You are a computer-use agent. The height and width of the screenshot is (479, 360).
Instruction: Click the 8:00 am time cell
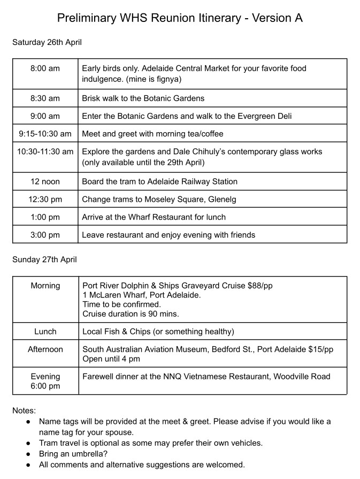45,69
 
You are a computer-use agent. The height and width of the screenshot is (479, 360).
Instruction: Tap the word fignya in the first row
167,79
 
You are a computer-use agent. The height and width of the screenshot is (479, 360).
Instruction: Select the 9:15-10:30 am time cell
45,134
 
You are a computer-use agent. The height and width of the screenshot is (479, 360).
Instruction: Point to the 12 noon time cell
45,181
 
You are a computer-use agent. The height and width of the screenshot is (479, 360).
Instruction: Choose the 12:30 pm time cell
45,199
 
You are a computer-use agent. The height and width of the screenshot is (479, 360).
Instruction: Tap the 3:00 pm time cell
45,234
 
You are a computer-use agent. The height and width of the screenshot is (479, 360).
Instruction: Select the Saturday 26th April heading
47,42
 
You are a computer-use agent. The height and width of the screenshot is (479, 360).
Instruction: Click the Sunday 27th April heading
44,260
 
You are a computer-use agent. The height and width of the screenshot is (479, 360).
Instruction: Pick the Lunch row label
45,331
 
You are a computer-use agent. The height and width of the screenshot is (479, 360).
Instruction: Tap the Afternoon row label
45,349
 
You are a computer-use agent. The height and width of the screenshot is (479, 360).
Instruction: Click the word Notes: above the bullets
24,411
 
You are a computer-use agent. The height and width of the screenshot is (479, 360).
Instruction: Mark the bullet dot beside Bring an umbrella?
28,454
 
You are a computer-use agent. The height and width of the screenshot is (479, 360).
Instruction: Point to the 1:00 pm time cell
45,217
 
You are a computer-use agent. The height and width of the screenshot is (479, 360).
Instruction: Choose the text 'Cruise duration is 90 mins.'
131,314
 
